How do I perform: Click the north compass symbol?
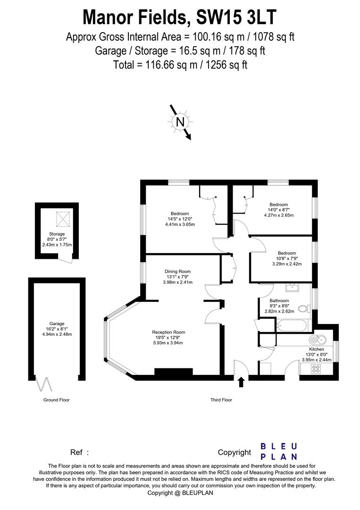coord(179,122)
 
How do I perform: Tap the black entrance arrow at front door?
coord(241,382)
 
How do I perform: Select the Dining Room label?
coord(177,271)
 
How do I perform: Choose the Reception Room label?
coord(168,332)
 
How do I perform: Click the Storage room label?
coord(57,234)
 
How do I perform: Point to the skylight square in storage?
coord(63,219)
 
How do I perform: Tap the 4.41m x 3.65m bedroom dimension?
coord(180,224)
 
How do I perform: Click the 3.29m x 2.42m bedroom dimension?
coord(287,264)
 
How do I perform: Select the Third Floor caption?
coord(221,400)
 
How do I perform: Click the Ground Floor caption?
coord(57,400)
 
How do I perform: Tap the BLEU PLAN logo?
coord(279,451)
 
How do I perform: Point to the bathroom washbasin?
coord(292,287)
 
